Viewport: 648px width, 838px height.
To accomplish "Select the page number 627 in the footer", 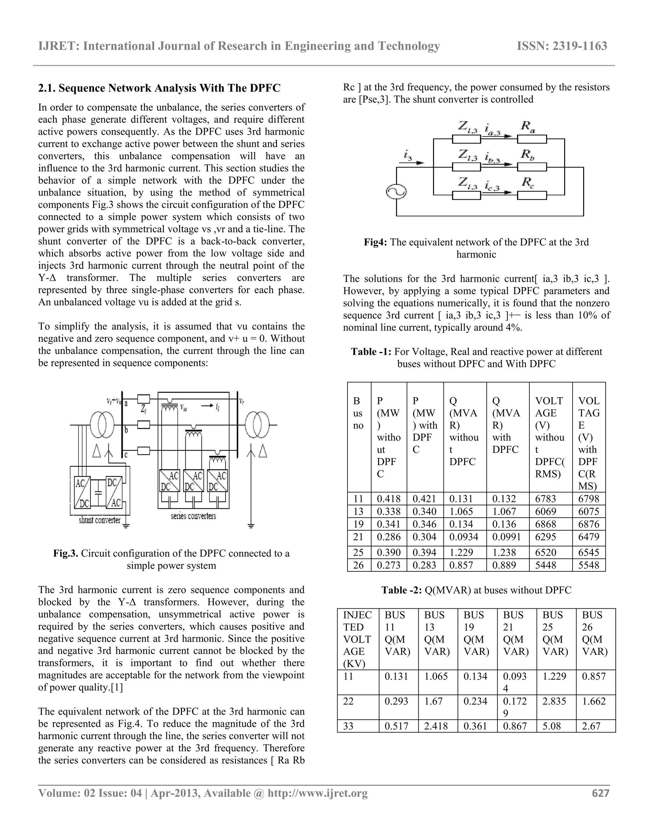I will point(601,793).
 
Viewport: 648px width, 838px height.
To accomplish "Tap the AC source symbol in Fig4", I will point(396,192).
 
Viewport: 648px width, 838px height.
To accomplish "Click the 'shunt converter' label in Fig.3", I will point(99,520).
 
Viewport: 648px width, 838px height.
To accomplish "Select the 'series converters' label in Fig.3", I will point(193,516).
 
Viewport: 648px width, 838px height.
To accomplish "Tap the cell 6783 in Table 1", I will point(545,499).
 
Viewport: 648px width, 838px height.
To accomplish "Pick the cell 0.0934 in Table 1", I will point(464,537).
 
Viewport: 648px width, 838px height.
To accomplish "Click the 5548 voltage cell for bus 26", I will point(589,565).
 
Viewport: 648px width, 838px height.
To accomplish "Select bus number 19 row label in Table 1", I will point(358,524).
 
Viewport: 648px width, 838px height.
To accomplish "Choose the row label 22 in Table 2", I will point(348,701).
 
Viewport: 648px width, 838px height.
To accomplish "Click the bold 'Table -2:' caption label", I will point(401,590).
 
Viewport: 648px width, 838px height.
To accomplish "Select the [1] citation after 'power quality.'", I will point(117,687).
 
